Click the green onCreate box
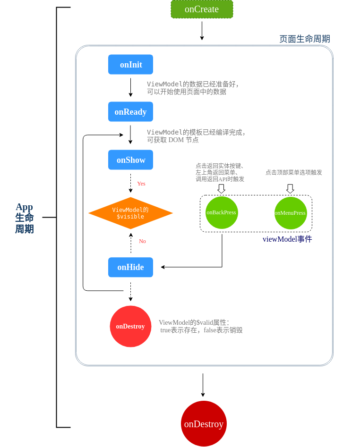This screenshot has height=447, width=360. pos(202,9)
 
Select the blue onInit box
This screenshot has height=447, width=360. pos(130,65)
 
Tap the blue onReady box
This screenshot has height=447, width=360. pos(130,112)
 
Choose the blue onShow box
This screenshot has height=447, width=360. pos(130,160)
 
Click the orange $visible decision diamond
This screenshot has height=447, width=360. pos(130,213)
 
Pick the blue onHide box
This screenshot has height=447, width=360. pos(130,267)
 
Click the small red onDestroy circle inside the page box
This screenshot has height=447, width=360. pos(130,326)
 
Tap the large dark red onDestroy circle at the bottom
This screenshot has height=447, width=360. pos(204,423)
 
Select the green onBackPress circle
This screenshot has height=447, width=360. pos(222,212)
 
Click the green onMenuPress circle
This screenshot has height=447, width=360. pos(290,213)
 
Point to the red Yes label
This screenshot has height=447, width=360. pos(141,184)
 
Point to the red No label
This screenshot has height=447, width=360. pos(142,241)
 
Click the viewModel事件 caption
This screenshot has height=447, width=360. pos(287,239)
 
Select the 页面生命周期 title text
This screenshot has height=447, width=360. pos(304,39)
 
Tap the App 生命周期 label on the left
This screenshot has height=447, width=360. pos(25,218)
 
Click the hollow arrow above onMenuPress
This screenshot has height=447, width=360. pos(290,188)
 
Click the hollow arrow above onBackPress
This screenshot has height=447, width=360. pos(221,188)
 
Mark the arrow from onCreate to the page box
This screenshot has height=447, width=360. pos(202,31)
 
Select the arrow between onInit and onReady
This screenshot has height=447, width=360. pos(130,87)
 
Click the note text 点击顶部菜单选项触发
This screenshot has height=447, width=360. pos(293,172)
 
